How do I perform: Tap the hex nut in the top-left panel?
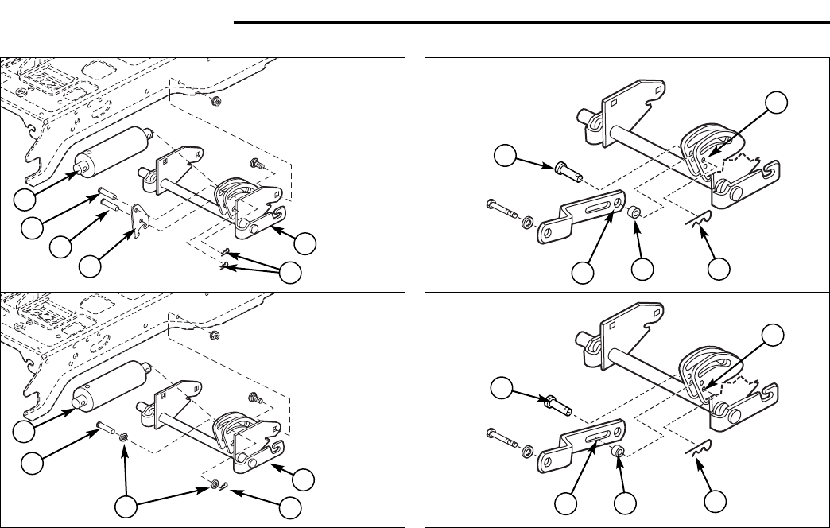pyautogui.click(x=217, y=101)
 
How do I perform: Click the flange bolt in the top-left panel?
pyautogui.click(x=256, y=165)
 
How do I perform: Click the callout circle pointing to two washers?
pyautogui.click(x=124, y=507)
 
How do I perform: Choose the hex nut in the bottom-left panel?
pyautogui.click(x=217, y=336)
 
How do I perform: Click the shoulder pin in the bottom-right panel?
pyautogui.click(x=560, y=403)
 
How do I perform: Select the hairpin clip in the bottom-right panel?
pyautogui.click(x=699, y=452)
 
